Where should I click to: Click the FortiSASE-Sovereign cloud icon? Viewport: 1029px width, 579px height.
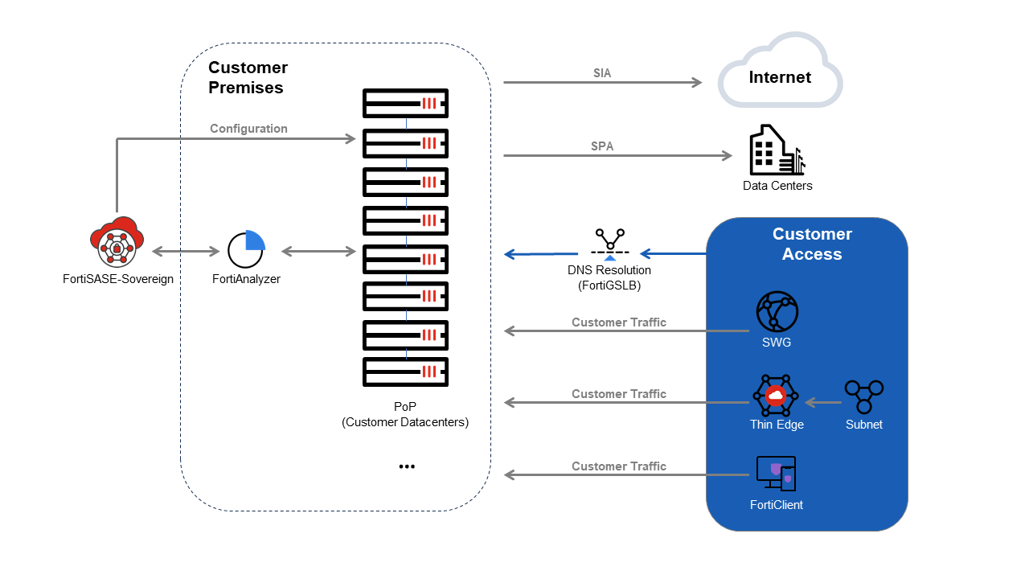point(117,243)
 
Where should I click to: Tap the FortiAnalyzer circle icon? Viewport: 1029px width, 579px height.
point(245,250)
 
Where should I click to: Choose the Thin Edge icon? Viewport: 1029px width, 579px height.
point(776,395)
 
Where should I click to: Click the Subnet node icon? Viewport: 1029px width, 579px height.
point(863,396)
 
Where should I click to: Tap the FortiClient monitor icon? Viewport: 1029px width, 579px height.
point(776,474)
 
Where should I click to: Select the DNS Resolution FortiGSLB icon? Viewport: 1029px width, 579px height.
point(609,242)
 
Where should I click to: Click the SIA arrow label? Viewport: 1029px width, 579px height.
point(602,73)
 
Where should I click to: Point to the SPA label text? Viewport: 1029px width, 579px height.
point(602,146)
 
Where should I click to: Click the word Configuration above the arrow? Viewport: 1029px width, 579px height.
point(248,129)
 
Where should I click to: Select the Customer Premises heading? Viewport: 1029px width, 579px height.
point(248,77)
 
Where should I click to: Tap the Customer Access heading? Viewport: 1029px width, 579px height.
point(812,244)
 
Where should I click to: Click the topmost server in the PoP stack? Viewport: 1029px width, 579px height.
point(405,104)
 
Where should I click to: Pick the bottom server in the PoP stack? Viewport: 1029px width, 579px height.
point(405,372)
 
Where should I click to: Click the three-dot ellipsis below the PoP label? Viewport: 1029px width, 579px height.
point(407,466)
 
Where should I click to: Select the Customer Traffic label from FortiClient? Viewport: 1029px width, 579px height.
point(618,466)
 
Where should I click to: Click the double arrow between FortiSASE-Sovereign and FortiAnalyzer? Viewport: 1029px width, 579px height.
point(186,252)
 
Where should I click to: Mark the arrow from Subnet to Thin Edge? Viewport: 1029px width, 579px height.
point(822,401)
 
